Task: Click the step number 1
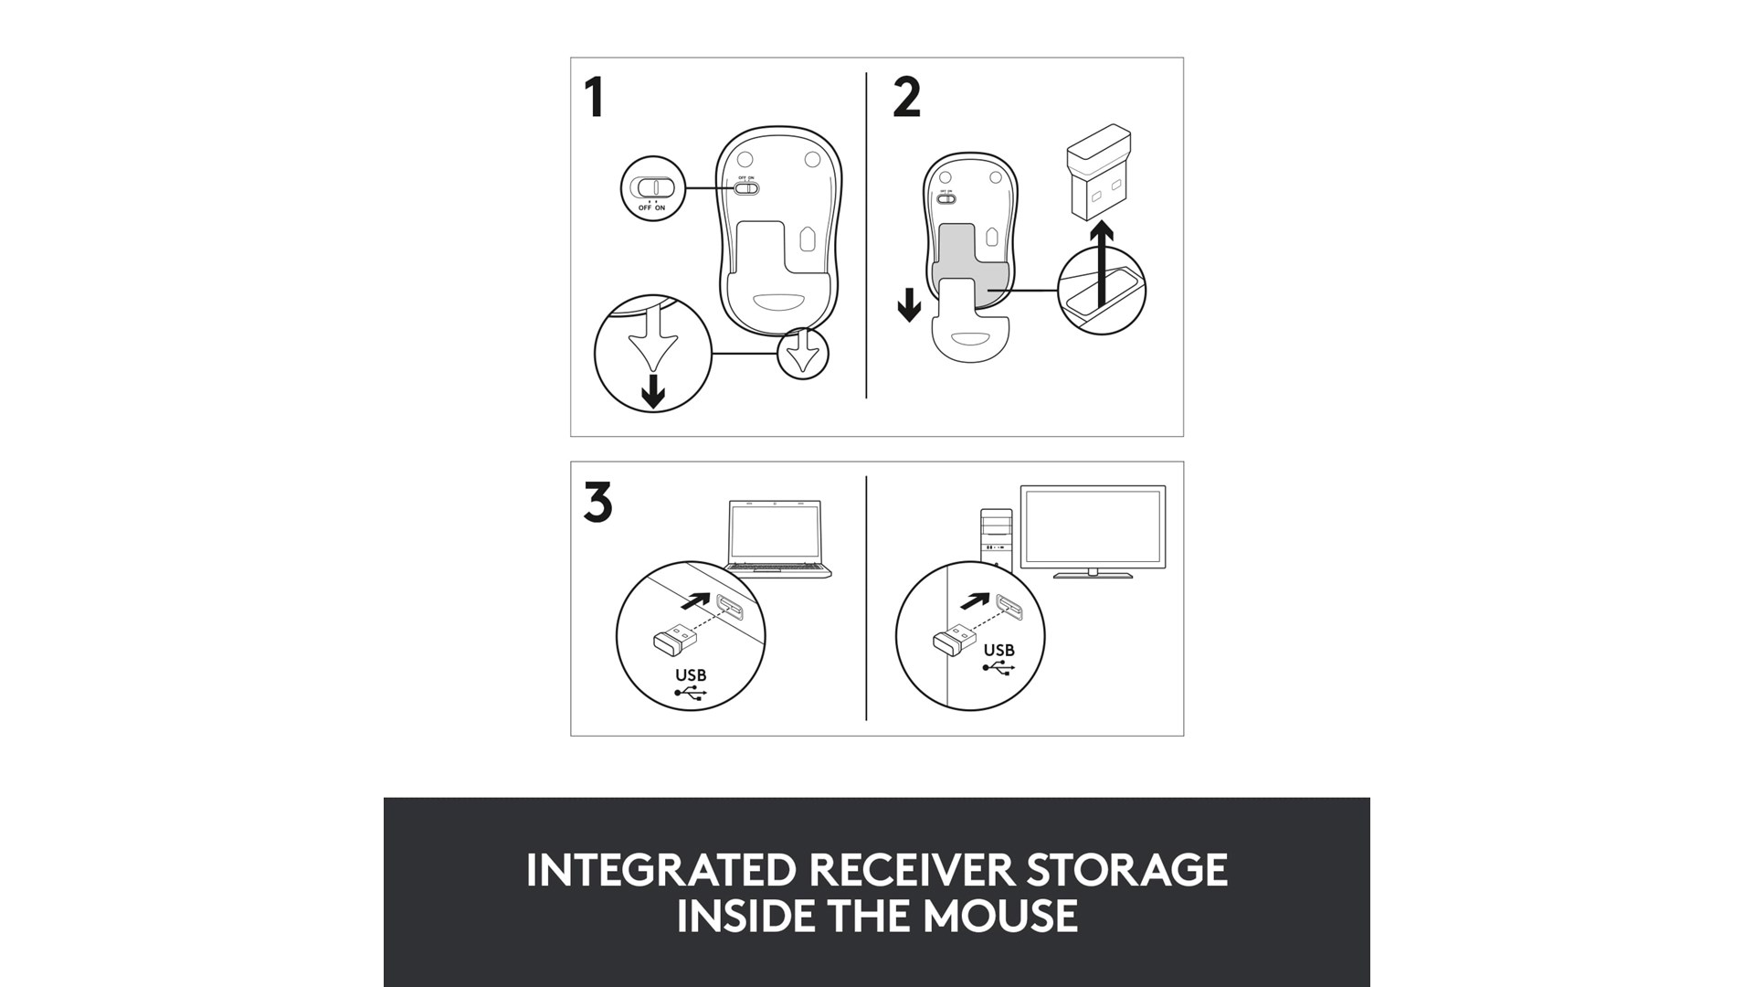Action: [595, 98]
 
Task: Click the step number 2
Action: [906, 98]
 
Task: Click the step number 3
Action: [597, 503]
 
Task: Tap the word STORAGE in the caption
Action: [1127, 870]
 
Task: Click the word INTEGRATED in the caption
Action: [660, 870]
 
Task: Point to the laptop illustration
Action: [779, 539]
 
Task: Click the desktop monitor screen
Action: [1093, 527]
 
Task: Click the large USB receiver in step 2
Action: [1099, 173]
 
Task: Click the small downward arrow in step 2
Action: [909, 305]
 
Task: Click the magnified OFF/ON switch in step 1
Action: [652, 188]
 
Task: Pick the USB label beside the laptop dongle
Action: [691, 675]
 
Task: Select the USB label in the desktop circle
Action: [999, 650]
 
